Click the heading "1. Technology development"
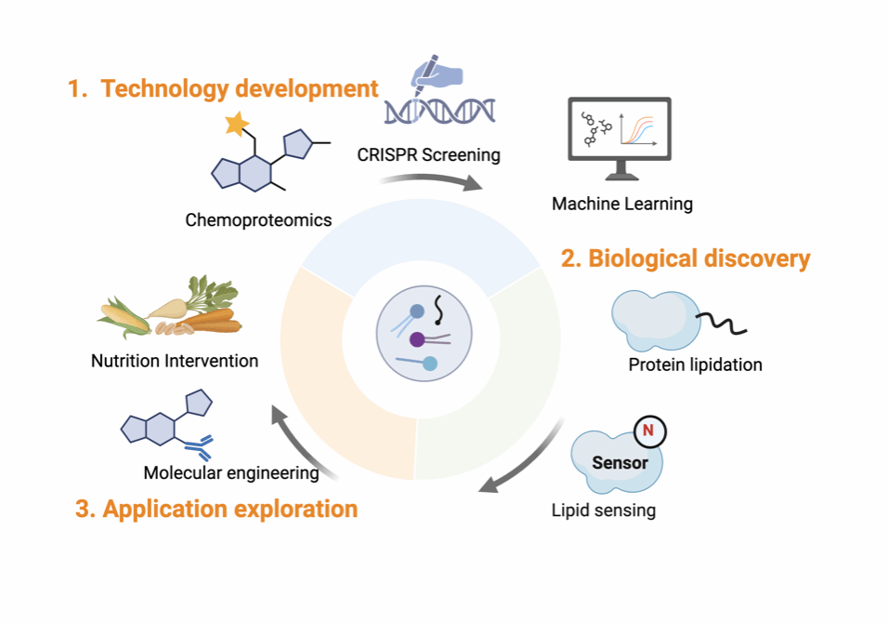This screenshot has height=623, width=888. pyautogui.click(x=223, y=89)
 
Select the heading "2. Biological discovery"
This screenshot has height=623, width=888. pyautogui.click(x=686, y=258)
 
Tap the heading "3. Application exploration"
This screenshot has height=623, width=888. pyautogui.click(x=215, y=509)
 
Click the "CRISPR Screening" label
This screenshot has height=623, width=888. pyautogui.click(x=428, y=154)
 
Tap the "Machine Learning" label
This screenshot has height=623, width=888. pyautogui.click(x=622, y=204)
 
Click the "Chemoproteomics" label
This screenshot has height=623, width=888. pyautogui.click(x=258, y=219)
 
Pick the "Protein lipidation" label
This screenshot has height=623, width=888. pyautogui.click(x=695, y=365)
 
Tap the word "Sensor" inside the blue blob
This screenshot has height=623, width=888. pyautogui.click(x=620, y=462)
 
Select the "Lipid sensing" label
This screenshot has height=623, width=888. pyautogui.click(x=604, y=510)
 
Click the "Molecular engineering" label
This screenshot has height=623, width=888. pyautogui.click(x=231, y=473)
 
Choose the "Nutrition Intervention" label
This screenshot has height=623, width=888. pyautogui.click(x=175, y=361)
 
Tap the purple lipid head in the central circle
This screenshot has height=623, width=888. pyautogui.click(x=418, y=340)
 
